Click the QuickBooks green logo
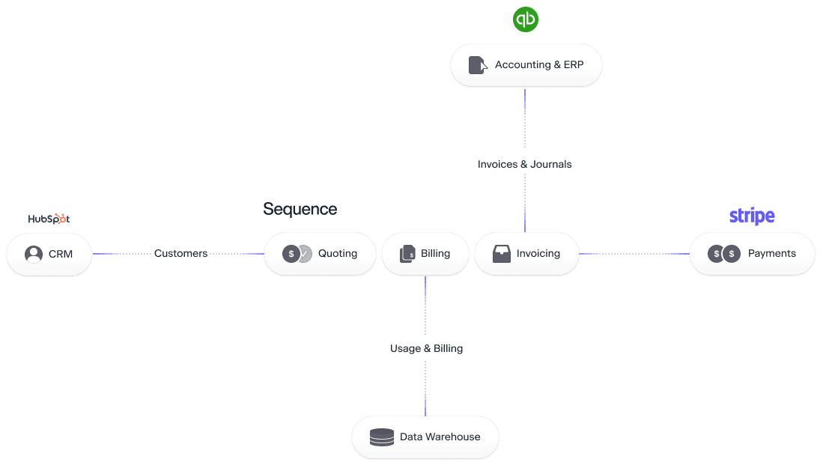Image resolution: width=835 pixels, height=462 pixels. pos(526,19)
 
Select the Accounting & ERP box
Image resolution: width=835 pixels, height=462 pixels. pos(526,65)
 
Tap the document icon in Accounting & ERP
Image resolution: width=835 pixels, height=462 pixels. pos(477,65)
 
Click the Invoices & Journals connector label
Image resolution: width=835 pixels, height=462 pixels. pos(524,164)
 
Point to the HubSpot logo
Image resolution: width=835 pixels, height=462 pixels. pos(48,219)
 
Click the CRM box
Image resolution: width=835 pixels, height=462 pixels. pos(49,254)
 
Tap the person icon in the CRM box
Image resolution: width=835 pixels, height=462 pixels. pos(34,254)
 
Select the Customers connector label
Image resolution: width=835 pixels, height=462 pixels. pos(180,254)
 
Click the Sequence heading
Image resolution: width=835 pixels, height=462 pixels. pos(300,209)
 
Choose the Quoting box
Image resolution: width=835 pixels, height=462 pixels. pos(320,254)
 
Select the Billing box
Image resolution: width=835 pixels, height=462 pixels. pos(425,254)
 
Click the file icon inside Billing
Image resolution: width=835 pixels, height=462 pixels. pos(407,254)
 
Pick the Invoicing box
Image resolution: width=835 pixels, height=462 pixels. pos(526,254)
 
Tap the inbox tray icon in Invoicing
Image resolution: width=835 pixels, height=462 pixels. pos(501,254)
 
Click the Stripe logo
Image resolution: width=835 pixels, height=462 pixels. pos(751,216)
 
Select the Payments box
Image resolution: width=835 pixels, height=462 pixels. pos(752,254)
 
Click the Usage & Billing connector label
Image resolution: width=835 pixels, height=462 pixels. pos(426,348)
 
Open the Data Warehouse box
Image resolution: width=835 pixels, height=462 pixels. pos(425,437)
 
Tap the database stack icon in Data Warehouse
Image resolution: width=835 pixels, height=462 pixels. pos(382,437)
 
